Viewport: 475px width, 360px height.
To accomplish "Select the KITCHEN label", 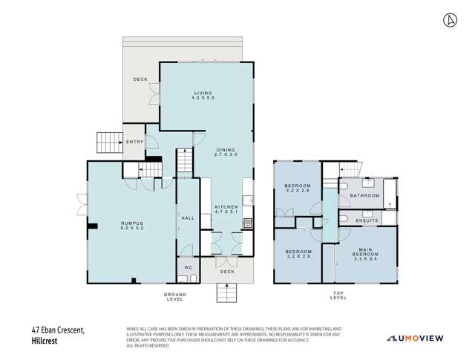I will (226, 209).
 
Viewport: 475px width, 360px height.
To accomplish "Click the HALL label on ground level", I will (188, 217).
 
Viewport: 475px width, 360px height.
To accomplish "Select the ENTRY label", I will (134, 141).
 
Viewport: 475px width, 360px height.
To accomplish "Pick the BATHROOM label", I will (365, 195).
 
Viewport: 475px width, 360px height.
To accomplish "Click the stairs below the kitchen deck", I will (226, 293).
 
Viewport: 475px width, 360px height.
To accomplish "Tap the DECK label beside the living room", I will (141, 79).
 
